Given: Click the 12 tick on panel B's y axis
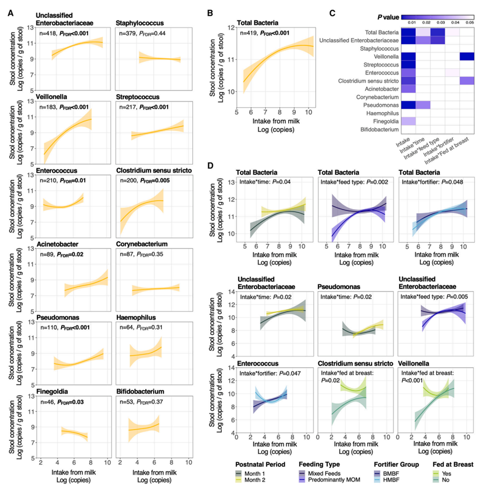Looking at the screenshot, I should point(229,27).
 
